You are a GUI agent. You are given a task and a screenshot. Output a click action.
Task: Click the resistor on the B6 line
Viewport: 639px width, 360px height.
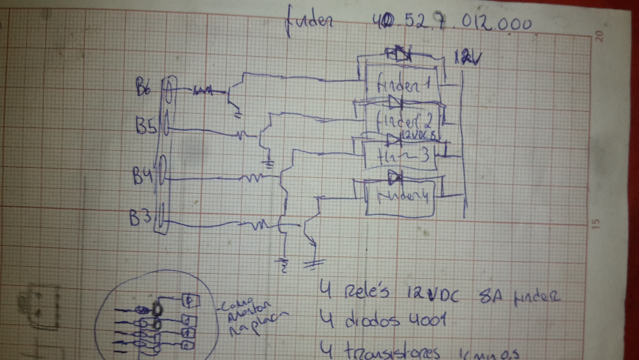coord(203,91)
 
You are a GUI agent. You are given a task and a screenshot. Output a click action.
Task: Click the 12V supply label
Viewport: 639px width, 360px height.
coord(468,59)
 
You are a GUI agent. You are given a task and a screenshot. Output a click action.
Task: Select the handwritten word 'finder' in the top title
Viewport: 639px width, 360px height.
coord(311,23)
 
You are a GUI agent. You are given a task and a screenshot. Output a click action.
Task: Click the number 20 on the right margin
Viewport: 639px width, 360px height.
coord(599,37)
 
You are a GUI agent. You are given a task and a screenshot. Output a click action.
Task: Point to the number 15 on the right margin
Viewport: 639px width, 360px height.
coord(596,224)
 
